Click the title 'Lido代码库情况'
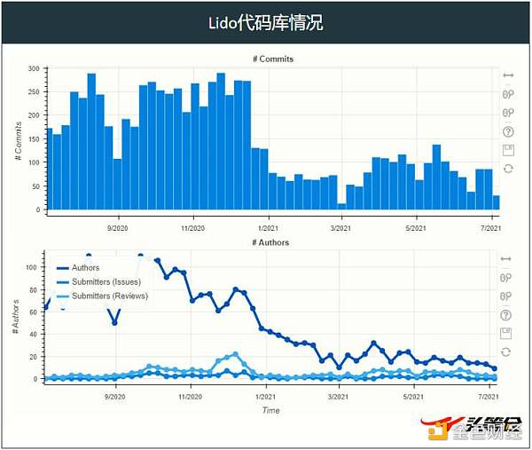(266, 22)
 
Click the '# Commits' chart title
(272, 59)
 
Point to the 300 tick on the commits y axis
(33, 68)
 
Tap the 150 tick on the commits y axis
(33, 139)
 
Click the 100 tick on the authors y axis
(33, 266)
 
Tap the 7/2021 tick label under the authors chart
(491, 399)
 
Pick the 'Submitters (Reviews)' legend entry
(106, 296)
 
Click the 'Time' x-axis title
(271, 411)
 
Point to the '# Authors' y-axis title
(16, 317)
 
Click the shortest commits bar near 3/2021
(341, 207)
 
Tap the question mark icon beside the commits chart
(508, 131)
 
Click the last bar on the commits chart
(497, 202)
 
